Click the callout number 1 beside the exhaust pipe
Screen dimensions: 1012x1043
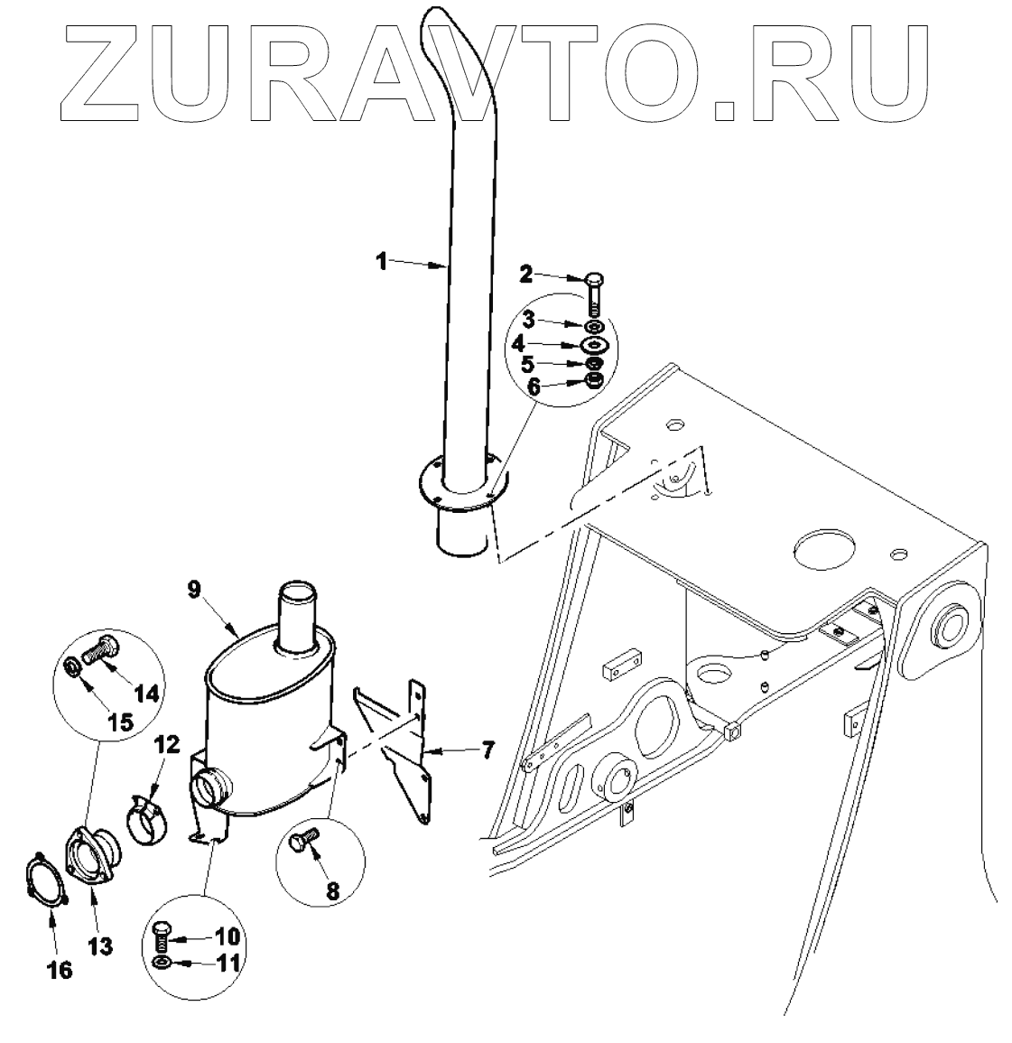[382, 261]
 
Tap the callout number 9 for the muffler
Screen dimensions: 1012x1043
[194, 589]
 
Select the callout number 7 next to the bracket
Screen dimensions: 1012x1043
[487, 750]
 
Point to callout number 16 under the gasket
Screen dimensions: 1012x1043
[60, 970]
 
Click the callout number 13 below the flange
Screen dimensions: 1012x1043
[100, 945]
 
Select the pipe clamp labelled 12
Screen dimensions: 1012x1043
[148, 818]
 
